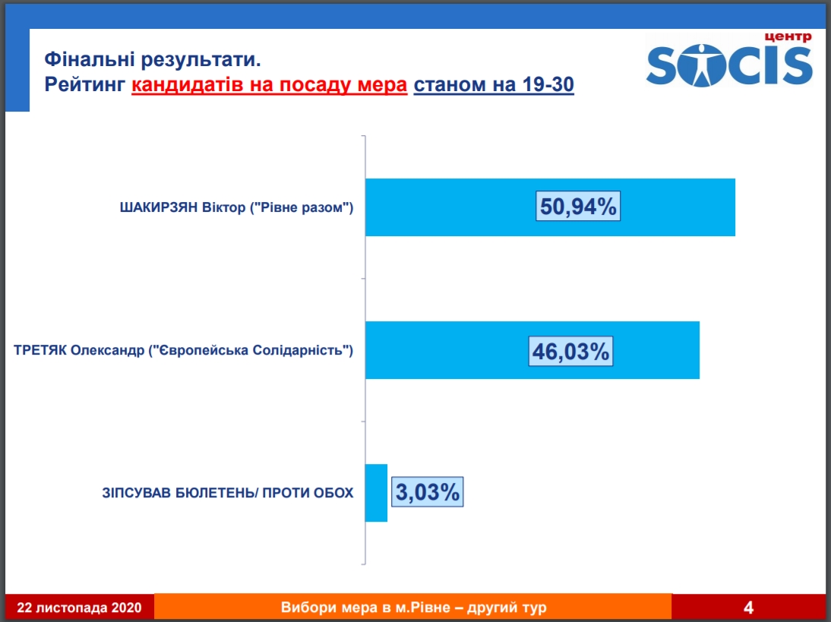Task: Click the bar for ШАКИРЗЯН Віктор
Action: [550, 207]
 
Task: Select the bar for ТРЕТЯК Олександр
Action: [532, 350]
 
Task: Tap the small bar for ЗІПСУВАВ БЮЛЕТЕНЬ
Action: [376, 493]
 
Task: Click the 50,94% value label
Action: [578, 206]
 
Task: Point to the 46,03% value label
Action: [570, 352]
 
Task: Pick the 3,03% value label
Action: [427, 492]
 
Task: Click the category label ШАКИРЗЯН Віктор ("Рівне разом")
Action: [236, 207]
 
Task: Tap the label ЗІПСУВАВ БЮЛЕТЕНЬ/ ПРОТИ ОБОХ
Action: [228, 493]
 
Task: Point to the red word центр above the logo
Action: [788, 37]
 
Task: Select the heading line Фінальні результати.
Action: [153, 59]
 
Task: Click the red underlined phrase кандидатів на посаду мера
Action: [269, 85]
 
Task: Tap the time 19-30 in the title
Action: [548, 84]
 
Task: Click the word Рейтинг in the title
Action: [85, 85]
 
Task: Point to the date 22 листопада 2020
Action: [80, 607]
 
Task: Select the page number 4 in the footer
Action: [748, 607]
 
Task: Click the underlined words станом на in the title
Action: [465, 85]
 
